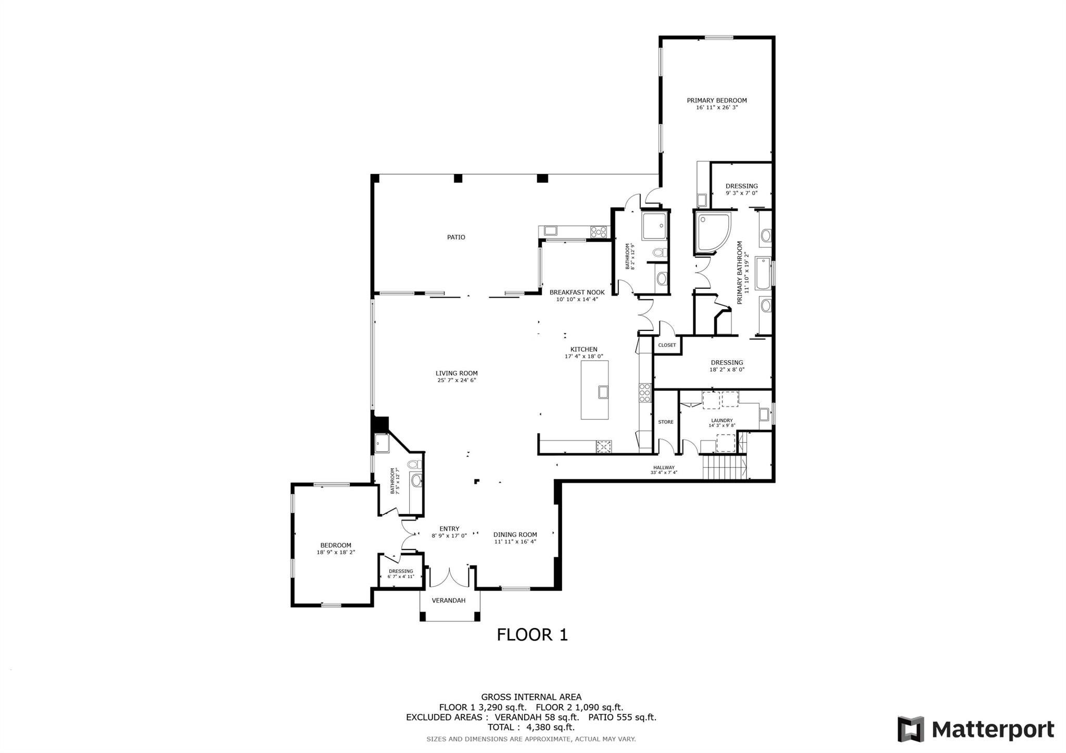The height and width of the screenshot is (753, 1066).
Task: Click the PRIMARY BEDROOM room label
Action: [716, 100]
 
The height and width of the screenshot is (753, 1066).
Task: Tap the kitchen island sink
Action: [603, 391]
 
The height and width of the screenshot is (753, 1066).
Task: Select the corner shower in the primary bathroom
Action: [712, 232]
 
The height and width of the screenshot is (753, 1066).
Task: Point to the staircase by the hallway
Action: [724, 466]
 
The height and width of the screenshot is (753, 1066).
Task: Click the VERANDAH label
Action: [448, 600]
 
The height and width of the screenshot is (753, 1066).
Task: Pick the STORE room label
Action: [665, 422]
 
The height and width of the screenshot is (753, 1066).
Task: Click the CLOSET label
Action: [667, 345]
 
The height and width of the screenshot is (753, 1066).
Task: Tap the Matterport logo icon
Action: [910, 729]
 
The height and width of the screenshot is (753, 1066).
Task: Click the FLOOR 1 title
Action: [532, 634]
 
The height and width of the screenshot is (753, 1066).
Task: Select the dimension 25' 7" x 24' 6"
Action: [456, 380]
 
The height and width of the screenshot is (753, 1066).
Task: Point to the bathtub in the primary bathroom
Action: [763, 273]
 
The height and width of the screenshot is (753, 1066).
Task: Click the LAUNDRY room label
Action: [721, 420]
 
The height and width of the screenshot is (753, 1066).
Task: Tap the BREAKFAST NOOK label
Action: [577, 292]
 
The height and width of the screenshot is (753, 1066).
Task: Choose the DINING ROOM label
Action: [515, 534]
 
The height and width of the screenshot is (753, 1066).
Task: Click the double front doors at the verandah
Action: [449, 578]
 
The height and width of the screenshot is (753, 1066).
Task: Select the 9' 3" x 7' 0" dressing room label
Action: [741, 186]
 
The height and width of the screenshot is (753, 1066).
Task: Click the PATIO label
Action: [456, 237]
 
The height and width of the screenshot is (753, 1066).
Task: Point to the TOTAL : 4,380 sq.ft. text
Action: [530, 728]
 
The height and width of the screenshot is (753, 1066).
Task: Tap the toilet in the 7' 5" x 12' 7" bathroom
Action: [414, 464]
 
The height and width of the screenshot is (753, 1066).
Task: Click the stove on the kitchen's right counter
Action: [645, 392]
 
